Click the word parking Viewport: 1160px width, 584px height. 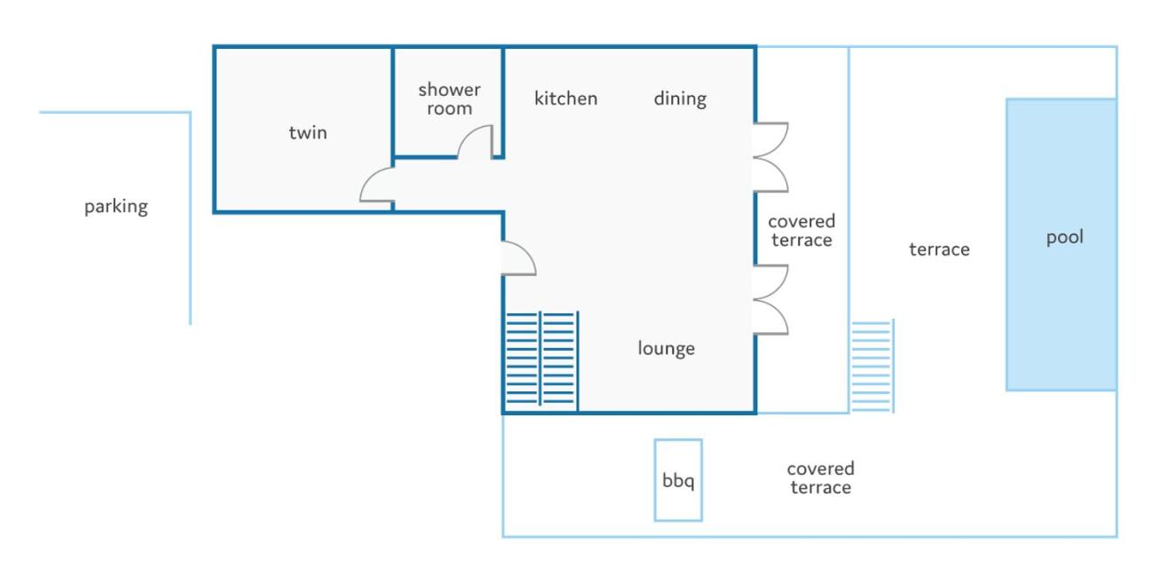coord(116,207)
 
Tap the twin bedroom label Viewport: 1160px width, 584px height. coord(308,132)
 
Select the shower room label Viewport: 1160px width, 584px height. coord(449,99)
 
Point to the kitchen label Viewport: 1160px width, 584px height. coord(566,98)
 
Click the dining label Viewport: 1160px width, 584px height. coord(680,99)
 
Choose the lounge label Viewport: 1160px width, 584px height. coord(667,349)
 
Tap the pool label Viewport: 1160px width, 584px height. coord(1065,237)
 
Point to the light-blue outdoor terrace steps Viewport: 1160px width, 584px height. coord(872,366)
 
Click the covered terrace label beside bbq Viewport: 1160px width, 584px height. coord(821,477)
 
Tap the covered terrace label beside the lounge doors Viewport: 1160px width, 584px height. coord(801,231)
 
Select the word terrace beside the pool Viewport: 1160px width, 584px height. coord(939,249)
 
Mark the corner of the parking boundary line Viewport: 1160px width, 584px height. coord(191,113)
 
